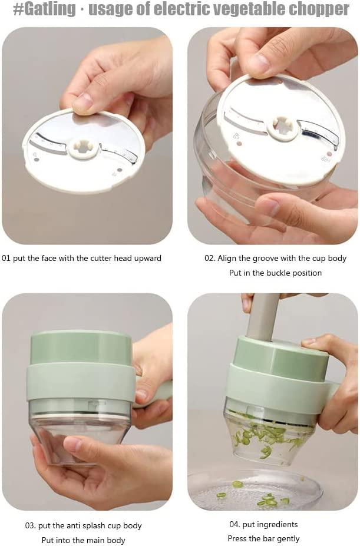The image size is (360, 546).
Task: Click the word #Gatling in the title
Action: [44, 9]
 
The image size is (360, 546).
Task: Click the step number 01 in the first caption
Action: [6, 259]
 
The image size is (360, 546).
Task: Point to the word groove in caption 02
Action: [267, 259]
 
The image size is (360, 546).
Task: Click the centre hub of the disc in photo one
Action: [82, 149]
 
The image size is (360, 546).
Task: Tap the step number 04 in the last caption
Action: [234, 524]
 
